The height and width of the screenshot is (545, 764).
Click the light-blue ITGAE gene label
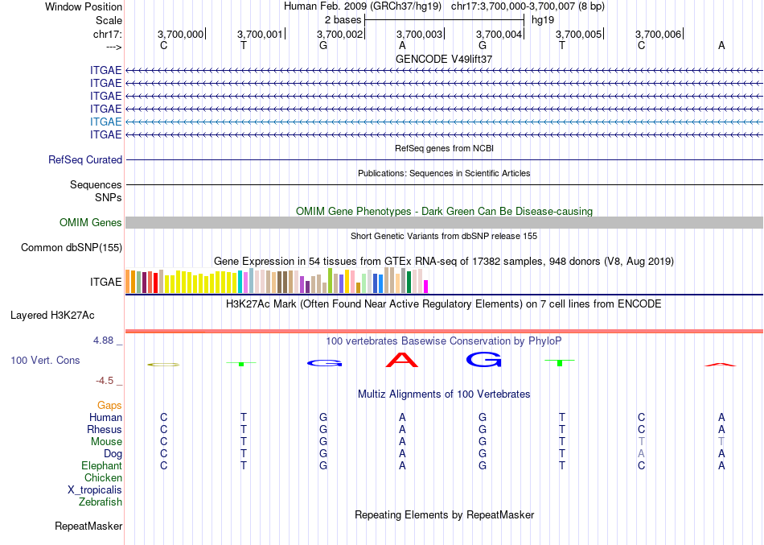point(106,122)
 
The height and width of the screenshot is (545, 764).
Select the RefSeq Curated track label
point(85,160)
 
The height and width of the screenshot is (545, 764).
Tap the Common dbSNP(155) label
point(71,248)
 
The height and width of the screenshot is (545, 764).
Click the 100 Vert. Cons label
point(45,361)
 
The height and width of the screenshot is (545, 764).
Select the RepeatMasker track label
point(88,526)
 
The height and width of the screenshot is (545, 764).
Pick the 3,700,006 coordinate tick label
point(658,34)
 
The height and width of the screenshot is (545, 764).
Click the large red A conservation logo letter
point(402,360)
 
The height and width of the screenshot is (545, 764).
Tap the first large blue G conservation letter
point(323,363)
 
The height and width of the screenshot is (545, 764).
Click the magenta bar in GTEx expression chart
point(426,286)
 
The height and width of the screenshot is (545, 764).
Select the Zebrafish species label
point(101,502)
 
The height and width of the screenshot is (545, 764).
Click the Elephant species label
point(102,466)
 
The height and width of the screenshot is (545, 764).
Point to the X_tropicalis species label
point(95,490)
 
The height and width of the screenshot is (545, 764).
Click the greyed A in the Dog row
point(641,454)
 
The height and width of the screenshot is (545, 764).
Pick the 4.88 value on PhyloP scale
point(105,341)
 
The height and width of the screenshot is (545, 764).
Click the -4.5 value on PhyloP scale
point(107,381)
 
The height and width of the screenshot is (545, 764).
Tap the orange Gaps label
point(109,406)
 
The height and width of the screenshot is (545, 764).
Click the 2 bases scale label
point(342,19)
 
